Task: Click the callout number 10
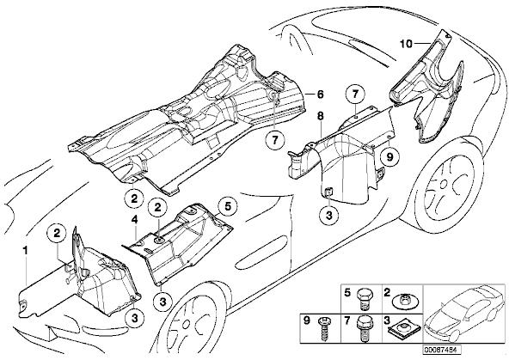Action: [x=406, y=44]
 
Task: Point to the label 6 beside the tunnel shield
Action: [x=320, y=95]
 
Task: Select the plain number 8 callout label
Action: [x=321, y=116]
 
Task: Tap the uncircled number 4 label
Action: [x=134, y=220]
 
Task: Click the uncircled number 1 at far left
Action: [x=25, y=250]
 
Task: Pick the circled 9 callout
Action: [x=389, y=157]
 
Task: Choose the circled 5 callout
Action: [x=228, y=206]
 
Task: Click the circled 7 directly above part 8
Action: [x=355, y=95]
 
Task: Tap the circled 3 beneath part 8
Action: [x=328, y=216]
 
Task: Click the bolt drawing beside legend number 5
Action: [x=365, y=298]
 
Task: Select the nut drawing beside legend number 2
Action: [x=405, y=301]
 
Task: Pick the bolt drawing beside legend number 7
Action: [x=364, y=327]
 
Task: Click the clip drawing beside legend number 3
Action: [x=405, y=327]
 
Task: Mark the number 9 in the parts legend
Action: [x=307, y=320]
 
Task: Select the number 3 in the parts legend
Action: [x=387, y=320]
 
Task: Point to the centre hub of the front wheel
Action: [x=186, y=324]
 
